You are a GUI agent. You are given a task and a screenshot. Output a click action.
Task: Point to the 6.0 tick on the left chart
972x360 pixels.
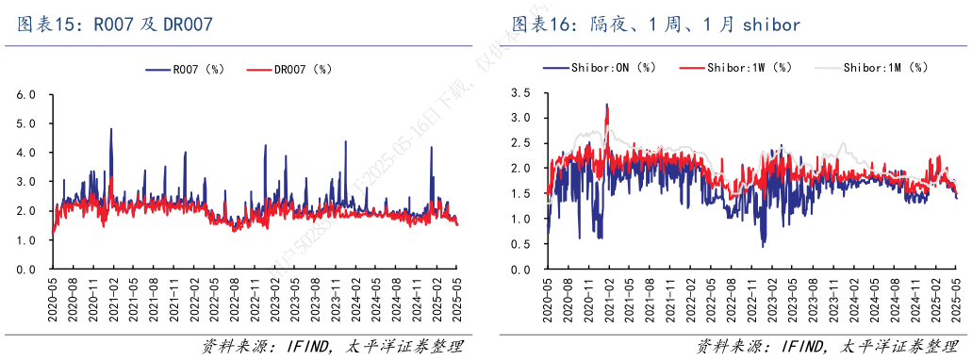(x=26, y=95)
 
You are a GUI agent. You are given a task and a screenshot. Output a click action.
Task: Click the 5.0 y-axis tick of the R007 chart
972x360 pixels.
(x=26, y=124)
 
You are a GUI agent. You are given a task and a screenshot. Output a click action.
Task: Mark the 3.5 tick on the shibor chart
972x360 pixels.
(x=519, y=92)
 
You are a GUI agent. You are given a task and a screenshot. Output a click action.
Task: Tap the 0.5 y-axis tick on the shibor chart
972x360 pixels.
(x=519, y=245)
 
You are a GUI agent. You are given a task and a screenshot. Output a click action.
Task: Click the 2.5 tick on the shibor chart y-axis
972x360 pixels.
(x=519, y=143)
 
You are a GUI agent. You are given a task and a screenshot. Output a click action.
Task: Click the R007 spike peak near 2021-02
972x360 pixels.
(x=111, y=129)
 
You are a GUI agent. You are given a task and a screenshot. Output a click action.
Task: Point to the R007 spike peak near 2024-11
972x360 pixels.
(x=432, y=147)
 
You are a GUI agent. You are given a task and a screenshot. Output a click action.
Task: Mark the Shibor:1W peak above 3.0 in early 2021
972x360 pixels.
(x=606, y=106)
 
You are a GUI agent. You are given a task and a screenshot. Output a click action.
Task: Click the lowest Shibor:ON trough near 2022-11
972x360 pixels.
(x=763, y=246)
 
